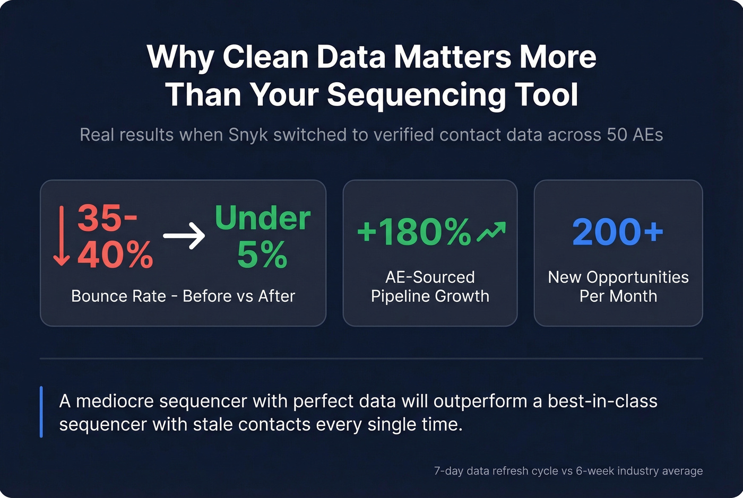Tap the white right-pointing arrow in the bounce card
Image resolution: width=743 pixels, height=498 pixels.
[x=184, y=235]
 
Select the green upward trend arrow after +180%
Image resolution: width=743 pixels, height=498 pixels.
[x=491, y=232]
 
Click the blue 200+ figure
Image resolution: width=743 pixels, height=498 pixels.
[x=618, y=232]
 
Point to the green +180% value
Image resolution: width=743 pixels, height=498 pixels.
[x=414, y=232]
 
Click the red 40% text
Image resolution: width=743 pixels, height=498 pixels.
[x=115, y=255]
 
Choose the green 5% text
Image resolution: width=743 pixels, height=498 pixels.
[x=262, y=255]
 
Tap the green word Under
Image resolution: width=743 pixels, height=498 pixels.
[x=262, y=218]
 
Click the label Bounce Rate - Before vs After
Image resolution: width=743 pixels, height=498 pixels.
[x=183, y=296]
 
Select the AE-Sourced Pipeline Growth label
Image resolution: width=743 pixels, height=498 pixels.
[x=430, y=286]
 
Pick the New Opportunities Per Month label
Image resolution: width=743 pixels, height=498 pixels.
[x=618, y=286]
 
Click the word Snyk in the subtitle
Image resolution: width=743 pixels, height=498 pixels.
[x=248, y=135]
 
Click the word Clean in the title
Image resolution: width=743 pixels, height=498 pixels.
[x=265, y=57]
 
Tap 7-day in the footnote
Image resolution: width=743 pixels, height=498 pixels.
[x=448, y=471]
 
